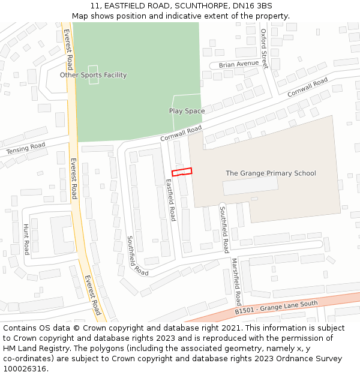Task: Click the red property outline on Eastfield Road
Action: pos(182,172)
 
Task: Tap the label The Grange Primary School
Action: pos(271,173)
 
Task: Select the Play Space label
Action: pos(187,111)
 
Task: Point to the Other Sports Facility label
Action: pos(93,75)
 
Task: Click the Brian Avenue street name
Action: pos(238,64)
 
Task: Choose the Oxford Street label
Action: pos(263,49)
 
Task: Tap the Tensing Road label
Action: pos(26,148)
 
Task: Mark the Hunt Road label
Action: pos(26,239)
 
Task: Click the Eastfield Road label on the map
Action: pos(170,201)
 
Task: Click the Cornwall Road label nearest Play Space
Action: pos(181,134)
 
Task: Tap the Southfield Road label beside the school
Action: pos(223,229)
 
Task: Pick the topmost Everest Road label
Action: pos(68,49)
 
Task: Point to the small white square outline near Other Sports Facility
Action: pos(93,74)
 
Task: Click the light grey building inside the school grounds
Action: pos(250,185)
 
